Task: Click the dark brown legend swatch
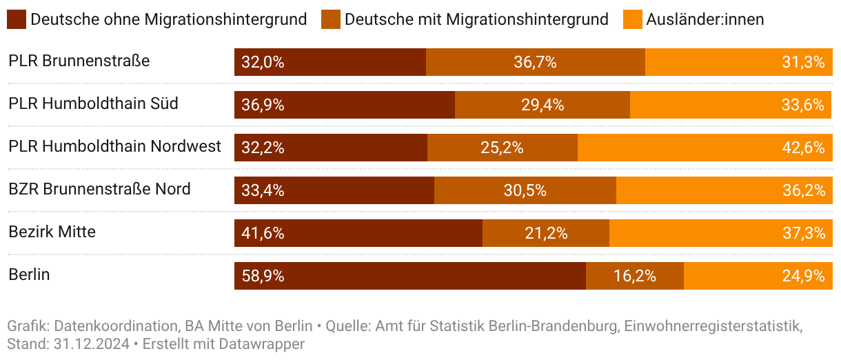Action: click(17, 19)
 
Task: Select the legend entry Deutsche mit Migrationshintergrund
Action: click(476, 19)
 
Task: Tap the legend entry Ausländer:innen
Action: click(705, 19)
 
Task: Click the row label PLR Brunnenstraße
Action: click(79, 61)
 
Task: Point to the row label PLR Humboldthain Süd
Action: click(93, 103)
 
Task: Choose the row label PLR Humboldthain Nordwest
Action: click(114, 146)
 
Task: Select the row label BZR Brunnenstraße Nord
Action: click(99, 189)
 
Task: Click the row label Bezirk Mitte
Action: click(52, 232)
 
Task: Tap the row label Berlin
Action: click(29, 274)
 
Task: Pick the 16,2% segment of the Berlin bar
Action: click(634, 276)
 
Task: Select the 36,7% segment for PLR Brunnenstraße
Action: click(535, 62)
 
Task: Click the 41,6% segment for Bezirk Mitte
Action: click(358, 233)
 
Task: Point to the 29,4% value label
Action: click(543, 105)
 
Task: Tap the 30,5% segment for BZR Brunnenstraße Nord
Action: click(525, 190)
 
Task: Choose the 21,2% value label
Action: click(546, 233)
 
